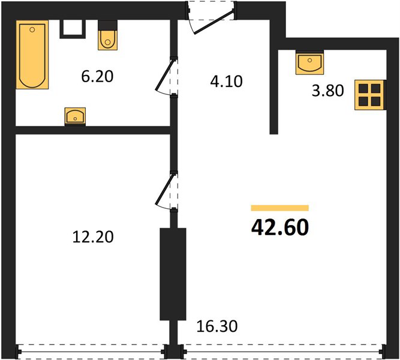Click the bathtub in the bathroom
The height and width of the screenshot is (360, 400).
click(x=32, y=55)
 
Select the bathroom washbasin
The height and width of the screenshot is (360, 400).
click(x=75, y=116)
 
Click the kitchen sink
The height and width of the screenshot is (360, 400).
click(x=309, y=62)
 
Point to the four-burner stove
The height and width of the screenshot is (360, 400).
click(x=369, y=95)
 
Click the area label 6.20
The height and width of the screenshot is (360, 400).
click(x=97, y=76)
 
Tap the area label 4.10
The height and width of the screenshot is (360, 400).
click(x=226, y=82)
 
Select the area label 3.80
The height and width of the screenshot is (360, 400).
click(x=328, y=91)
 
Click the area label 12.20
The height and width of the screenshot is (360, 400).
click(x=93, y=236)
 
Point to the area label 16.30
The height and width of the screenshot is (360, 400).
click(x=217, y=326)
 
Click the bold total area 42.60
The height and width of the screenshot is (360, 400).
click(x=280, y=227)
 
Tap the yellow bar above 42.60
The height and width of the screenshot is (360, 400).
click(x=280, y=208)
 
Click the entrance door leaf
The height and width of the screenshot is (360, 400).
click(x=213, y=21)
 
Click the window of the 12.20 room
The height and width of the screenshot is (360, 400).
click(x=92, y=352)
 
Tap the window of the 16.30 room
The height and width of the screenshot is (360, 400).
click(x=283, y=352)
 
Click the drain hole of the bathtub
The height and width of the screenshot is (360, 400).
click(x=32, y=30)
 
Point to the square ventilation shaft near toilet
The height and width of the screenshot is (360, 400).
click(x=73, y=29)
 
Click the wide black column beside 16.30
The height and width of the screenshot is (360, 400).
click(x=173, y=274)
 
